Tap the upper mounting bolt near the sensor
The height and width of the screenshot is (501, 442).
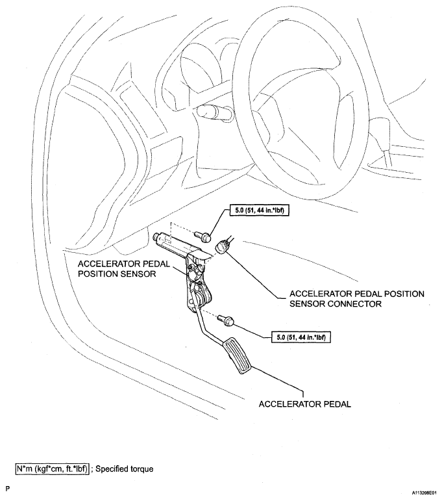tap(206, 237)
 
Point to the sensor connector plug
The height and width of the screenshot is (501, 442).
tap(225, 247)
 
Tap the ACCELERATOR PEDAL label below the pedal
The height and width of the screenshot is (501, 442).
tap(304, 404)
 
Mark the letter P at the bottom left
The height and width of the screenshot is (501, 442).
tap(8, 487)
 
